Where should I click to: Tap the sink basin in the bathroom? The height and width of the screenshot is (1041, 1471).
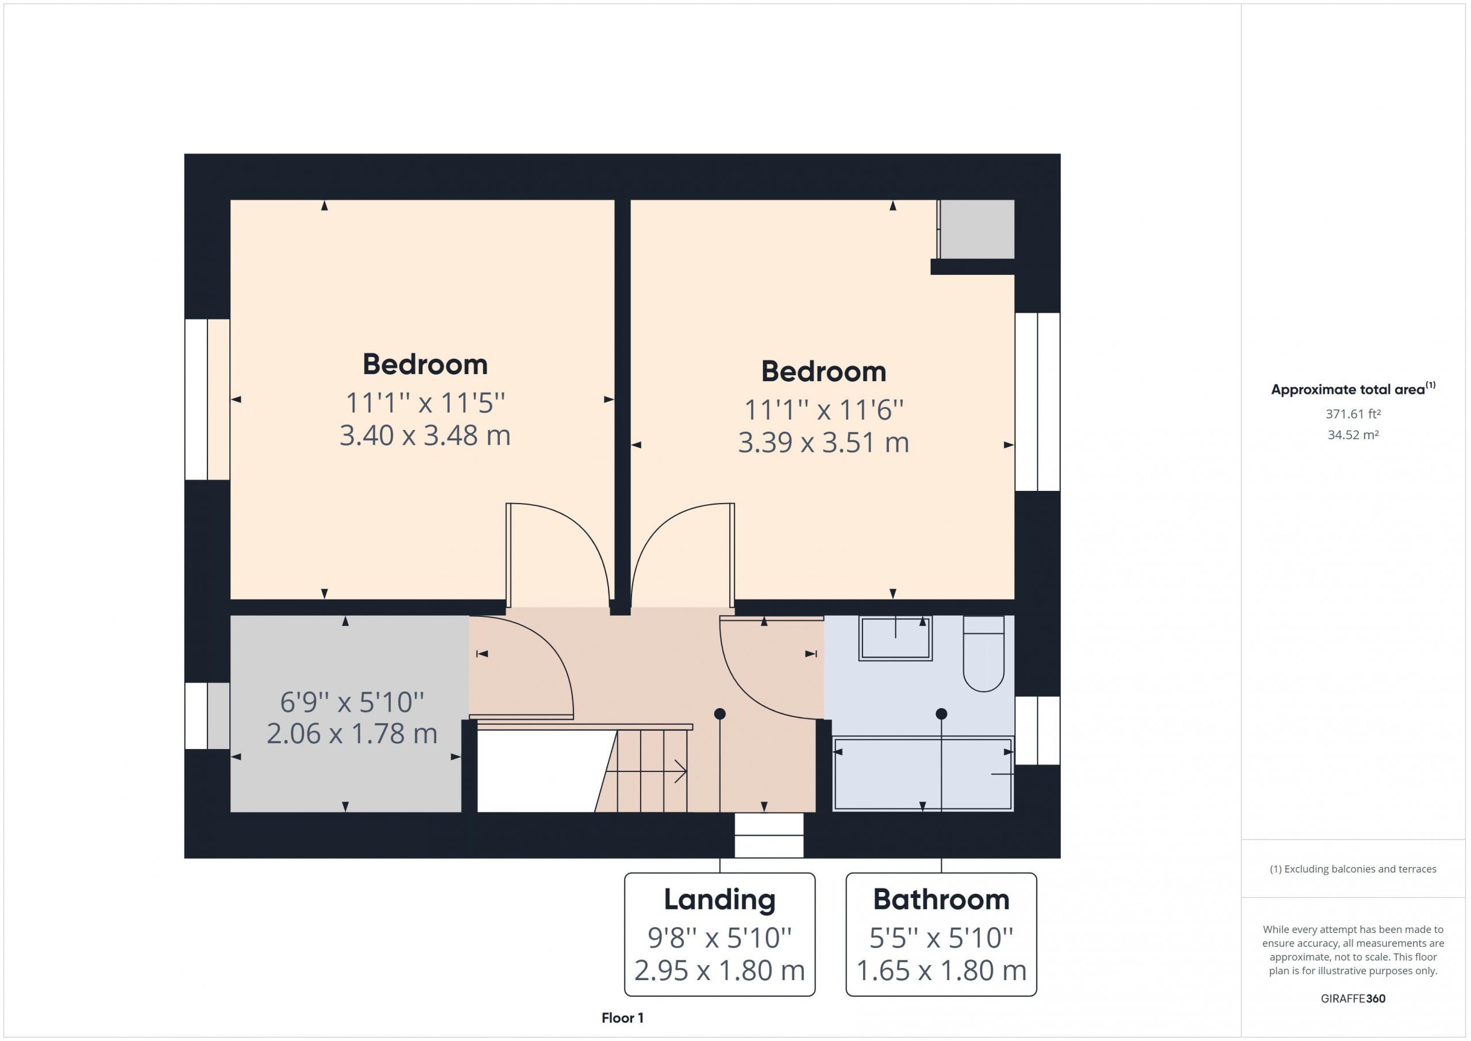tap(895, 638)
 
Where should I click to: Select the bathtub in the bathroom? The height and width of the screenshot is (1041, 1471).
tap(923, 774)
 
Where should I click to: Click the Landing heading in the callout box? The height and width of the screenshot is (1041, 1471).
tap(719, 900)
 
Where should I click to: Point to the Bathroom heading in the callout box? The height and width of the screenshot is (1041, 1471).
tap(941, 900)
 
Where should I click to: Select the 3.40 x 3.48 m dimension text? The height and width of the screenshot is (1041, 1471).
tap(425, 436)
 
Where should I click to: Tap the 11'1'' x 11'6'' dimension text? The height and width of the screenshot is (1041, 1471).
tap(823, 410)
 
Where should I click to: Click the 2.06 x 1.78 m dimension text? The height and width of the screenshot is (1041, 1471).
tap(352, 734)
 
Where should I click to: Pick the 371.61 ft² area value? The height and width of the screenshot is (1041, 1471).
tap(1353, 414)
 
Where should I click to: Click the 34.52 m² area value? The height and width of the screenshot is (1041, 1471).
tap(1353, 435)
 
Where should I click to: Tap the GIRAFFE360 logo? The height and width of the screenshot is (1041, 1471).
tap(1353, 998)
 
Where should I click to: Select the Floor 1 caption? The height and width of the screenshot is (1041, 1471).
tap(622, 1018)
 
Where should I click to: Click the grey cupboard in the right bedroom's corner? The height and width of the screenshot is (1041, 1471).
tap(976, 229)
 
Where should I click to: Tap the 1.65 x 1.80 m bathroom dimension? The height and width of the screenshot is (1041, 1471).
tap(941, 971)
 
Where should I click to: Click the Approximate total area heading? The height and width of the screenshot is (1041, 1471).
tap(1353, 389)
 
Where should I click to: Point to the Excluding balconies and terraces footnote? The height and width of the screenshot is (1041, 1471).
tap(1353, 869)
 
